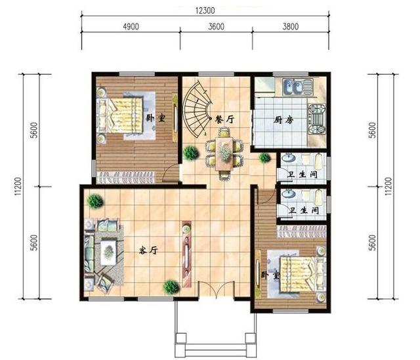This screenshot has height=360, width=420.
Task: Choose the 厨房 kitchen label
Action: (283, 120)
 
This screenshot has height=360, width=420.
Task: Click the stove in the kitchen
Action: (317, 119)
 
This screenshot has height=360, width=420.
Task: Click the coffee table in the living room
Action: (108, 247)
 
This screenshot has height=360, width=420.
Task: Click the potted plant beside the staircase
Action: (191, 153)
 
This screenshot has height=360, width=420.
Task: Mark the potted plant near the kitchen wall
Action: (264, 157)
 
